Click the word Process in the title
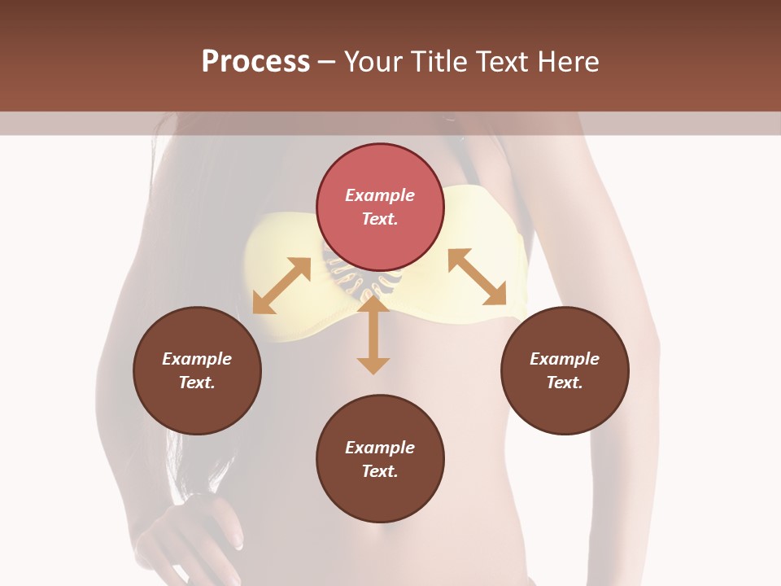tap(255, 62)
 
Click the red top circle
tap(380, 207)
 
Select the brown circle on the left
tap(197, 370)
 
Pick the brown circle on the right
tap(565, 370)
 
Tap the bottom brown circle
tap(380, 458)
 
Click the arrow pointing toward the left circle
tap(281, 286)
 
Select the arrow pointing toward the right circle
tap(478, 277)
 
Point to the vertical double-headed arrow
tap(373, 335)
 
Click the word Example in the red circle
tap(380, 195)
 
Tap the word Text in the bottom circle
tap(380, 471)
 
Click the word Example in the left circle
tap(197, 359)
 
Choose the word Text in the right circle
tap(565, 383)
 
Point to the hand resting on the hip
tap(195, 529)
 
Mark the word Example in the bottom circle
tap(380, 448)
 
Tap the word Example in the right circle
tap(565, 359)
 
